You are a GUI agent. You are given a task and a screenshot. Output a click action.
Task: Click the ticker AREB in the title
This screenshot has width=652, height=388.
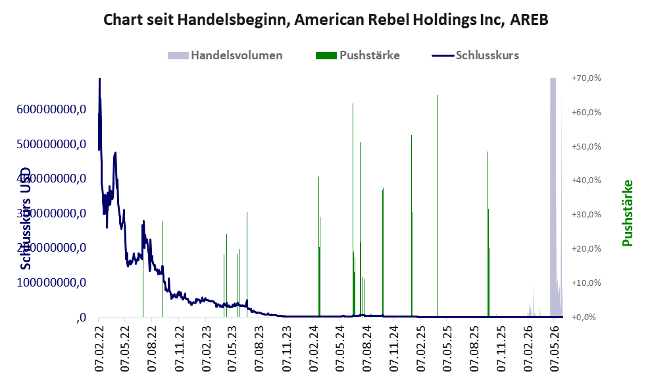[530, 19]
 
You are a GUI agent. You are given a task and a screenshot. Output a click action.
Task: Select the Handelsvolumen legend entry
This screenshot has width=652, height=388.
[225, 55]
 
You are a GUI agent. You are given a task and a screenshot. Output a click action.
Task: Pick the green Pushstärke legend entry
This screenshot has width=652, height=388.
[358, 55]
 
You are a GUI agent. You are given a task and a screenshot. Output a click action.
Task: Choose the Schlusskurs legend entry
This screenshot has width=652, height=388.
[475, 55]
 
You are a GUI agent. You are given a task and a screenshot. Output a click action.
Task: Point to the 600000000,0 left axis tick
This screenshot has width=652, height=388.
[51, 109]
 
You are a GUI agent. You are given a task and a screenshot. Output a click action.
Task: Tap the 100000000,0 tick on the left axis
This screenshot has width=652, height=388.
[51, 282]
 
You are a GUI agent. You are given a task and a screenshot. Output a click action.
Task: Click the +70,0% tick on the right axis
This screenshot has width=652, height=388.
[586, 78]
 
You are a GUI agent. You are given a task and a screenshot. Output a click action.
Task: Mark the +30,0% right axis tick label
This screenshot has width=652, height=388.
[586, 214]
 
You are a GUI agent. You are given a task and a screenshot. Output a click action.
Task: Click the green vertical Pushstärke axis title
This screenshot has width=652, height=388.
[628, 213]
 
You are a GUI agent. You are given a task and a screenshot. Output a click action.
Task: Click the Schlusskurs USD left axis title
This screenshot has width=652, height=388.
[26, 218]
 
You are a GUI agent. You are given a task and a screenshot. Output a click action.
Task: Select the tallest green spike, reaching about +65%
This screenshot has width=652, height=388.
[437, 206]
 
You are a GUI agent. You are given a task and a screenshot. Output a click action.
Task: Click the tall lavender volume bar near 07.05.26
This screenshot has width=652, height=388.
[553, 197]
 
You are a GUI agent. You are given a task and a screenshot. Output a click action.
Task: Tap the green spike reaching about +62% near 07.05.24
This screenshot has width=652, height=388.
[353, 210]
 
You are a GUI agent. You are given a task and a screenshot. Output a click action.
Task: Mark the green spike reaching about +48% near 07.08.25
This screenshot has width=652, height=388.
[488, 234]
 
